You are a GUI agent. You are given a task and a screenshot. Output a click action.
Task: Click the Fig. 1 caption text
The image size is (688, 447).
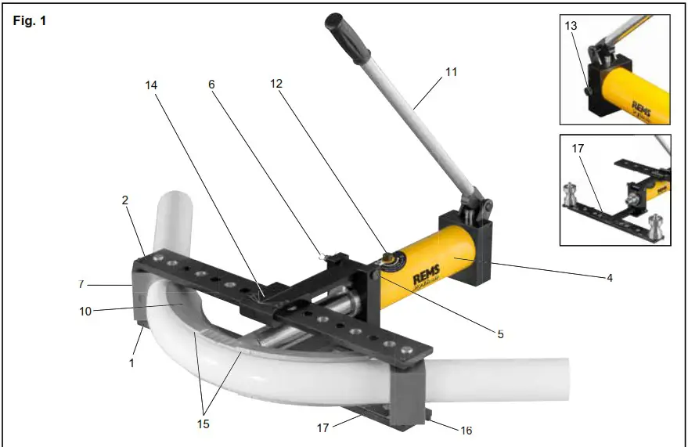pos(30,21)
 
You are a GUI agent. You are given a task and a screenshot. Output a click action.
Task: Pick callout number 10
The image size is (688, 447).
pos(85,311)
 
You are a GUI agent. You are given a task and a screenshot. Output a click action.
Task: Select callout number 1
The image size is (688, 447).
pos(132,363)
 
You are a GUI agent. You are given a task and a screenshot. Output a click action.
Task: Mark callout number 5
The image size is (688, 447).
pos(500,333)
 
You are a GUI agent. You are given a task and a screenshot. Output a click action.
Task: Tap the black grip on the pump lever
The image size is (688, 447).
pos(346,38)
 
